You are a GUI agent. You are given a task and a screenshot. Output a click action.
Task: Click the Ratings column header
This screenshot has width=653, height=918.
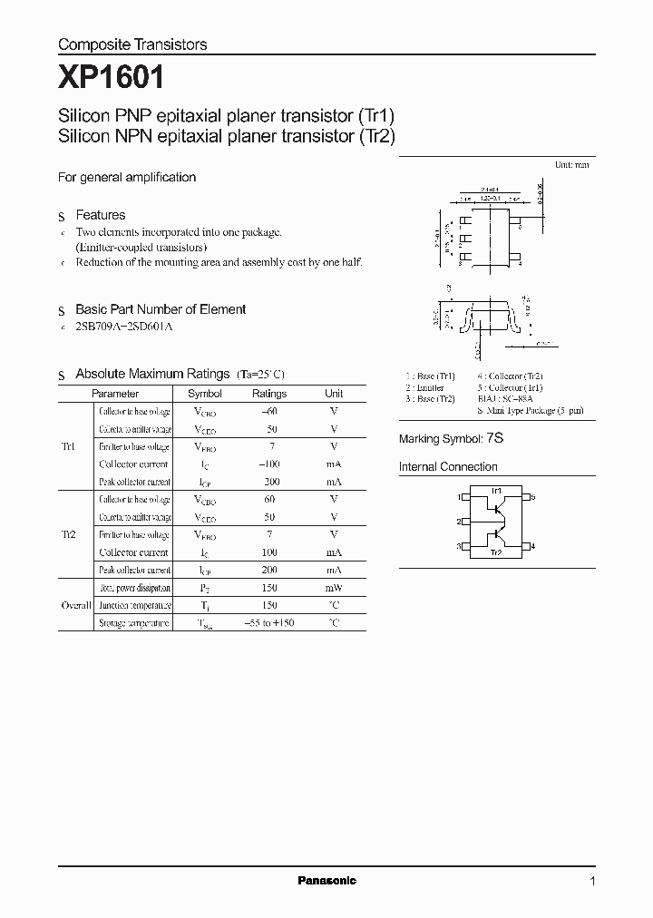[x=268, y=394]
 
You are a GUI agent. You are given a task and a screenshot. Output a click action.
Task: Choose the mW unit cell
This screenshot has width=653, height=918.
[x=334, y=588]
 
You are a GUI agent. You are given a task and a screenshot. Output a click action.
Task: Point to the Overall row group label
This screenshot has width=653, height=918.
[x=75, y=605]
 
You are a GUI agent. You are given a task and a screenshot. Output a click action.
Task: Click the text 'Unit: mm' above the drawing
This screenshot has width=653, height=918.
[x=571, y=166]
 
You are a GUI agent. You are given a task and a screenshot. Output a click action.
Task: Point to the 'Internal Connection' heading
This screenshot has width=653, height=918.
[x=448, y=467]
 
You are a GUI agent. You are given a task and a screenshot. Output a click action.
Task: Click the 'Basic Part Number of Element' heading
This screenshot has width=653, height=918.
[x=161, y=309]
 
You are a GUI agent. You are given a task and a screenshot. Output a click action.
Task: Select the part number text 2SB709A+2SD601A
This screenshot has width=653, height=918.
[x=124, y=326]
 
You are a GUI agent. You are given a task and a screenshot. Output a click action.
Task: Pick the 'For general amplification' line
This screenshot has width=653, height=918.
[x=127, y=178]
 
